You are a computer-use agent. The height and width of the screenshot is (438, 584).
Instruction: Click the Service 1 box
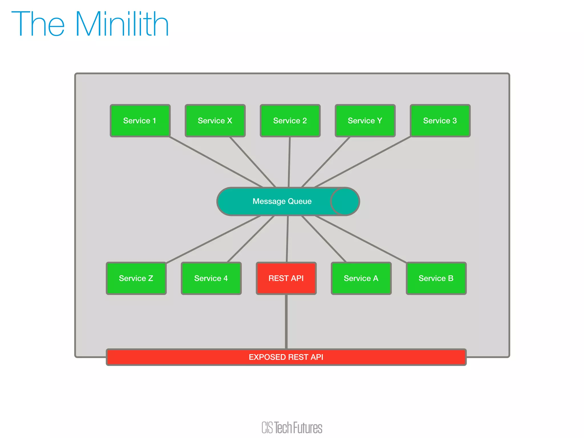click(x=140, y=121)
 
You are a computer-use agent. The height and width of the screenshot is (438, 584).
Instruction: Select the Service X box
click(x=215, y=121)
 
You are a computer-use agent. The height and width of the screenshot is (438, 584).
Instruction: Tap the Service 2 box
click(x=290, y=121)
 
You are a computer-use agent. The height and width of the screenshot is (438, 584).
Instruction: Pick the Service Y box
click(x=365, y=121)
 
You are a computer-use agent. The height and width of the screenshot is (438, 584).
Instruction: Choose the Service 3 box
click(x=440, y=121)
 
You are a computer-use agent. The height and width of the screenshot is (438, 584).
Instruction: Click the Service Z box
click(x=136, y=278)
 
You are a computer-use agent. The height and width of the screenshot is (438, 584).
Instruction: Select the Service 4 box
click(x=211, y=278)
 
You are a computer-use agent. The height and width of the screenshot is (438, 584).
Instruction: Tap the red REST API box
click(x=286, y=278)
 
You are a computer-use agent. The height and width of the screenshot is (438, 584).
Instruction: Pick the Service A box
click(x=361, y=278)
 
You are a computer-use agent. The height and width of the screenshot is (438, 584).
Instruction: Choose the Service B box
click(x=436, y=278)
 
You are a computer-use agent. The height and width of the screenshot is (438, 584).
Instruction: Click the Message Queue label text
click(x=282, y=201)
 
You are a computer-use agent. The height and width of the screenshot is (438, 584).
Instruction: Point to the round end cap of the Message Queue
click(x=345, y=201)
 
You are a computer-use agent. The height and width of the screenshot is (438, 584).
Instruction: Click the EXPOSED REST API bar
click(x=286, y=357)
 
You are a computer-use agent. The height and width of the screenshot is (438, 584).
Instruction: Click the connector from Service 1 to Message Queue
click(x=216, y=162)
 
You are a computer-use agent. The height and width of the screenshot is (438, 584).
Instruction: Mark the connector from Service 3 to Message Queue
click(x=363, y=162)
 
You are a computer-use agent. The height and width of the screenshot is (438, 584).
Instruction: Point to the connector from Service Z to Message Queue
click(x=213, y=239)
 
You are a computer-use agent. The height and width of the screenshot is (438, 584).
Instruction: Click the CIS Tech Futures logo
click(x=292, y=427)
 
